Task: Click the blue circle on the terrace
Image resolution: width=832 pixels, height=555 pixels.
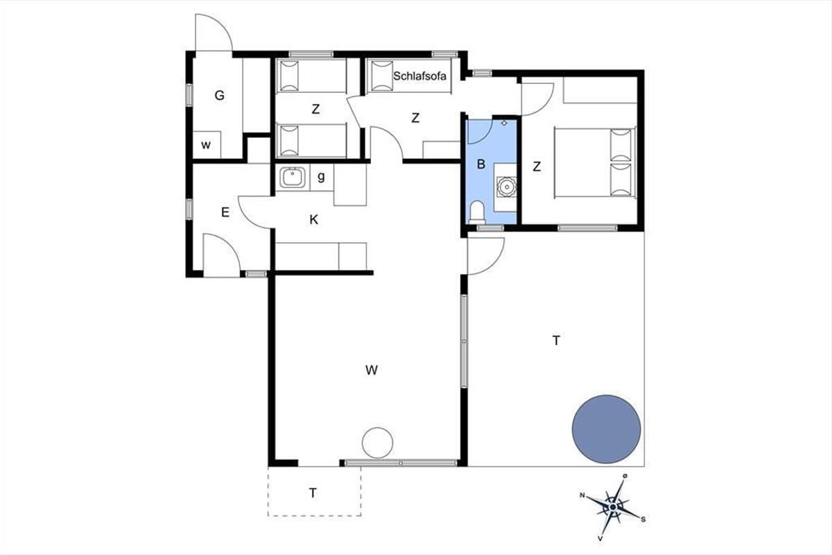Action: coord(606,429)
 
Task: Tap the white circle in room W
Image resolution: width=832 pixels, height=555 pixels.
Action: coord(377,443)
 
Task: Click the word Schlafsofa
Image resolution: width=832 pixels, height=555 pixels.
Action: coord(419,76)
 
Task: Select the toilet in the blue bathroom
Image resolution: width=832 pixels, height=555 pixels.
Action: coord(477,212)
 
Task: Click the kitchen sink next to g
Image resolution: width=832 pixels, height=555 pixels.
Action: coord(293,178)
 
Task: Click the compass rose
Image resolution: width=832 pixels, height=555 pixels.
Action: coord(612,507)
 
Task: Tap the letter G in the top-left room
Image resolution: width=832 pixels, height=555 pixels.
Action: coord(220,96)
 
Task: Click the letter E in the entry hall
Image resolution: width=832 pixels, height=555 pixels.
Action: coord(225,212)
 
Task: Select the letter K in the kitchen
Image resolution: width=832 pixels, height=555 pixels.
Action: coord(314,220)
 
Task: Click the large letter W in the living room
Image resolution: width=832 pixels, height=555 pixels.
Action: coord(372,370)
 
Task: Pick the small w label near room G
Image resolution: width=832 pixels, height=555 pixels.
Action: coord(206,145)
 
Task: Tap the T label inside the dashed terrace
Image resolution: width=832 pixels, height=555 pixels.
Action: coord(313,493)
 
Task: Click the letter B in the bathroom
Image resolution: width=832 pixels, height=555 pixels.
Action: coord(481,164)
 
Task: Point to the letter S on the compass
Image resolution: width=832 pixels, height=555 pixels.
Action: coord(643,520)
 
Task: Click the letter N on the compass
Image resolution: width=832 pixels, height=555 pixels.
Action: coord(582,495)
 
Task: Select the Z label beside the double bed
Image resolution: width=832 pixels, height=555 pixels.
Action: coord(537,166)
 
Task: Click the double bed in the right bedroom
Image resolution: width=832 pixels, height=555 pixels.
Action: coord(595,162)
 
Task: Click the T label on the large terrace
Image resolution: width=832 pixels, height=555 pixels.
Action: coord(556,340)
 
